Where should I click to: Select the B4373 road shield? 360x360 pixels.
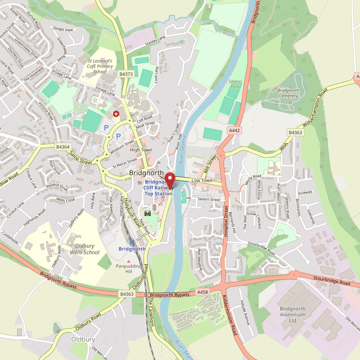pos(126,73)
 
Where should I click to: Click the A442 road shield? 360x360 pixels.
pos(234,130)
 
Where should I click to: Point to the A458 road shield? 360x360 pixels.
pos(203,292)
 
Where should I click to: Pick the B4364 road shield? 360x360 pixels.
pos(63,147)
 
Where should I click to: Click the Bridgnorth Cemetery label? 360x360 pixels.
pos(288,93)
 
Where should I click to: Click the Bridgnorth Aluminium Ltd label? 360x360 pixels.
pos(292,315)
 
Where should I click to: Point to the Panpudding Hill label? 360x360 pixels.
pos(129,268)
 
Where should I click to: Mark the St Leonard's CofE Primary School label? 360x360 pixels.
pos(100,66)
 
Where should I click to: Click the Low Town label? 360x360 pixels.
pos(202,180)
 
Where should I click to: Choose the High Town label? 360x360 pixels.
pos(141,150)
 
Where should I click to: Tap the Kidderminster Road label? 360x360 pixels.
pos(230,315)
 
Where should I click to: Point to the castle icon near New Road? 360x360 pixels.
pos(147,213)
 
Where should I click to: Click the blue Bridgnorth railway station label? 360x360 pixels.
pos(132,249)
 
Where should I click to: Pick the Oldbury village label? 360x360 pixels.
pos(83,339)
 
